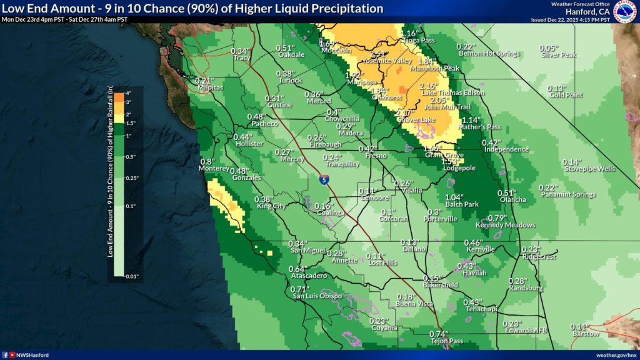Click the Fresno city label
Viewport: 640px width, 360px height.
376,155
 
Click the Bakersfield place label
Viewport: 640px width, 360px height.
440,285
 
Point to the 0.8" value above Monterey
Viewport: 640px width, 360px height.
207,161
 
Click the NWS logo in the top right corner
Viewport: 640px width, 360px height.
625,11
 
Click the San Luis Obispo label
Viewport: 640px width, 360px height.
317,296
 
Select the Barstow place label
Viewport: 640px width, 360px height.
586,334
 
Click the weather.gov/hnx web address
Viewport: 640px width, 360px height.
616,355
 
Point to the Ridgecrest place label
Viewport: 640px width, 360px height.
537,256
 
